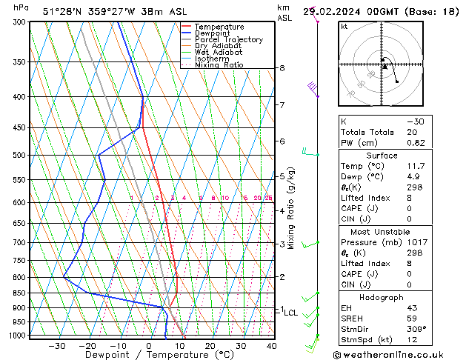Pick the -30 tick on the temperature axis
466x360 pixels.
pos(57,345)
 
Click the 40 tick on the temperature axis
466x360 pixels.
pos(272,345)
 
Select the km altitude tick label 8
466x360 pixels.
pos(282,68)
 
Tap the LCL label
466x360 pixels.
pos(291,313)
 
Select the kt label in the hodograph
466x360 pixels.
pos(344,27)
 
